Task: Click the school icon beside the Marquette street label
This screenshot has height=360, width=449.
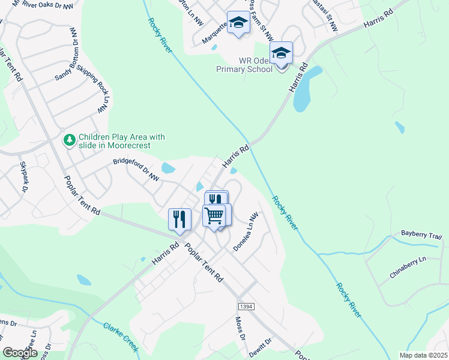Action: [238, 23]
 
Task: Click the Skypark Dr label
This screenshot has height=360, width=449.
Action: [24, 177]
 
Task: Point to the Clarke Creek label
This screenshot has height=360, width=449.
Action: [121, 337]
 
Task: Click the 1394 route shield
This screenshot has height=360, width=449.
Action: [246, 306]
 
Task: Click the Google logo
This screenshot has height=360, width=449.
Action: [20, 352]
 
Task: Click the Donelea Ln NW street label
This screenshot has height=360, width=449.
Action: [246, 232]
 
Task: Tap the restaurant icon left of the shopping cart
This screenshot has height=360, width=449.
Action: [179, 219]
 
